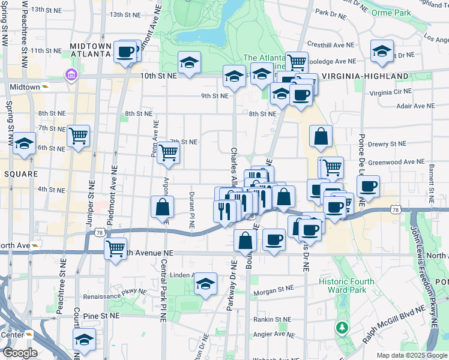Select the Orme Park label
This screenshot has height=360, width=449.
[390, 13]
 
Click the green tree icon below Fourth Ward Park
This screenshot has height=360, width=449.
[342, 328]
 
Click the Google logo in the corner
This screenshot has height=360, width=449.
[20, 353]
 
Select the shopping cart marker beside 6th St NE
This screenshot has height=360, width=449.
[78, 137]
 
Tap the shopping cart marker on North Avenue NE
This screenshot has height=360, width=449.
[115, 247]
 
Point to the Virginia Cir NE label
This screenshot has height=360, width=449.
[390, 92]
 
